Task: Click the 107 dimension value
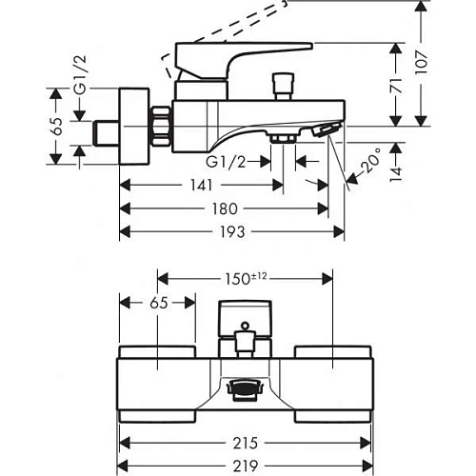pyautogui.click(x=422, y=63)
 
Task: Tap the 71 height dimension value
pyautogui.click(x=396, y=85)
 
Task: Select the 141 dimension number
pyautogui.click(x=201, y=185)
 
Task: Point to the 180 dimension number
pyautogui.click(x=225, y=208)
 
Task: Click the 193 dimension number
pyautogui.click(x=232, y=232)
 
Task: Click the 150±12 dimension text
pyautogui.click(x=246, y=279)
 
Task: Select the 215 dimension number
pyautogui.click(x=246, y=443)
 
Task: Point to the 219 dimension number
pyautogui.click(x=246, y=466)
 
